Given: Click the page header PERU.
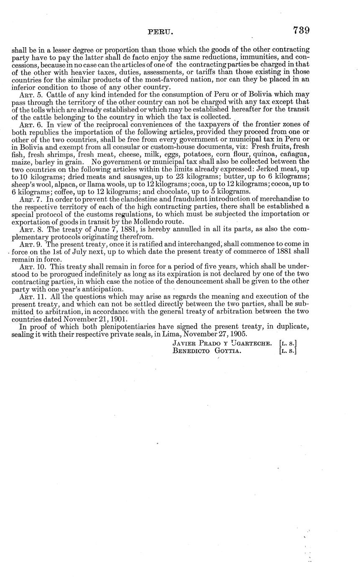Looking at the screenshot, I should [161, 32].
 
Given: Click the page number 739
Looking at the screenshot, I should [301, 31].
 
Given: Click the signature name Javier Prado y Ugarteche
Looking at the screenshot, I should [223, 343].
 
